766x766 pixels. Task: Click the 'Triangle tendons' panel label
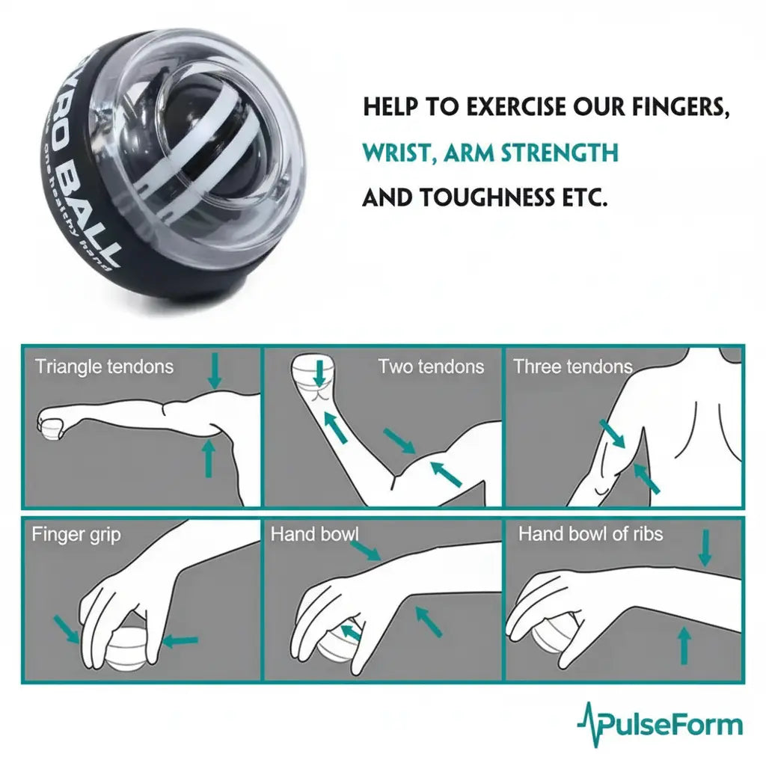104,367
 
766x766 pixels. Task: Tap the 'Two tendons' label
430,367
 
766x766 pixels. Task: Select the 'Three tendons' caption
572,367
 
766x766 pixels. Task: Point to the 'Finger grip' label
76,535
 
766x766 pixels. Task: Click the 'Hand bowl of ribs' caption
590,534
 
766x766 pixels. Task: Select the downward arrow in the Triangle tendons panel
215,371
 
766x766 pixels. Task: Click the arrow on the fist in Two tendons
320,372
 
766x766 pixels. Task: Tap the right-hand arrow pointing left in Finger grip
180,640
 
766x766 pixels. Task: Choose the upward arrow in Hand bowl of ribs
683,646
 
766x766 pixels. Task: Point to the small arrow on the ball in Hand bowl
349,632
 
